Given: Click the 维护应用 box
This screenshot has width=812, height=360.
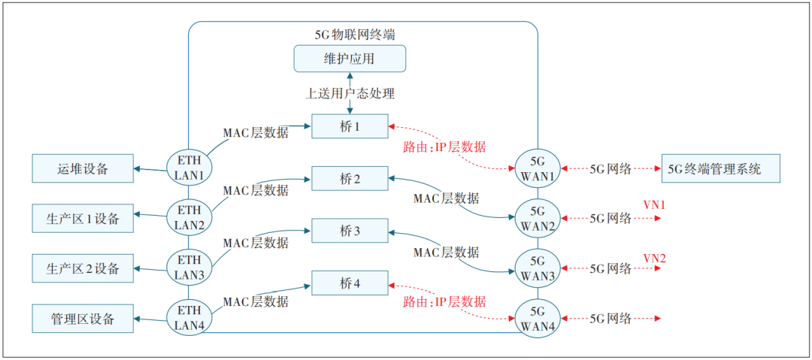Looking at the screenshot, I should click(x=350, y=58).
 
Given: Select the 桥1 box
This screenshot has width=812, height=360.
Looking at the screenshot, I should click(x=350, y=127).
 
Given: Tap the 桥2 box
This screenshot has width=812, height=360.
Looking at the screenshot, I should click(x=350, y=179).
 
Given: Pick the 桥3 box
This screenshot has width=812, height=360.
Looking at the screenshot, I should click(x=350, y=231).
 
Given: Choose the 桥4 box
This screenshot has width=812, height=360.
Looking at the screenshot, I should click(x=350, y=283).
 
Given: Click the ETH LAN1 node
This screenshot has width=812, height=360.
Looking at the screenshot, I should click(x=189, y=166).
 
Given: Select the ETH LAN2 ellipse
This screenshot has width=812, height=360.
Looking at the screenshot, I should click(x=189, y=217).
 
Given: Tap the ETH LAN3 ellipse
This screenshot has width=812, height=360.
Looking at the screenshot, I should click(x=189, y=268).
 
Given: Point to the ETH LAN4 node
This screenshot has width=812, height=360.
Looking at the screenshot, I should click(x=189, y=316).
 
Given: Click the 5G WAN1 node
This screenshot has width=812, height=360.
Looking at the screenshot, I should click(x=538, y=167).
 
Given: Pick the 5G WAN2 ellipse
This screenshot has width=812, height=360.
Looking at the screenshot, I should click(x=538, y=217).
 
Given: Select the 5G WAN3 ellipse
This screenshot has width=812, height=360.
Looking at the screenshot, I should click(x=538, y=268).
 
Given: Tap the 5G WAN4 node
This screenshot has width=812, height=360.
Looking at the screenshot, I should click(x=538, y=317).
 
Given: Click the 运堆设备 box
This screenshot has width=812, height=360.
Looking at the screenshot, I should click(x=83, y=168).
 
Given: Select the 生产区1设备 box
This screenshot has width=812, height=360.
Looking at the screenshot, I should click(x=83, y=219).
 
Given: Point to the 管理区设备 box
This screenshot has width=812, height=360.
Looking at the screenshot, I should click(x=83, y=319).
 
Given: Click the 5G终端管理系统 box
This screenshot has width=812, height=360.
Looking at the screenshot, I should click(x=720, y=168).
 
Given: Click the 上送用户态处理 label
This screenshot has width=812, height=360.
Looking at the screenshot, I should click(x=350, y=93).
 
